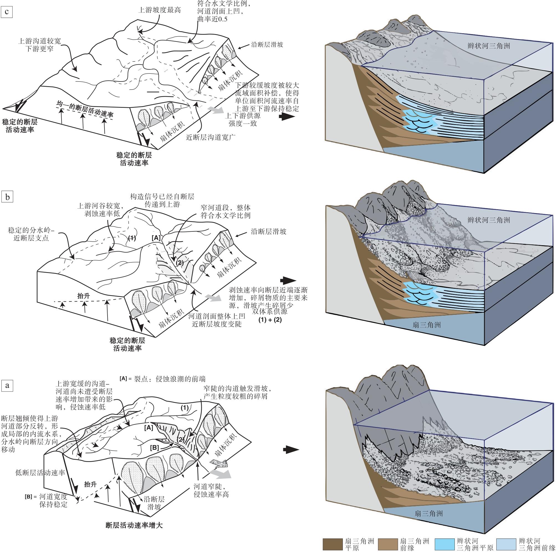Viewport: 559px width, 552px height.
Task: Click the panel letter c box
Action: click(x=7, y=12)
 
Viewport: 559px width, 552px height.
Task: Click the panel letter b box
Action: click(x=7, y=197)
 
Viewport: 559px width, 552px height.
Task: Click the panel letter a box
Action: click(x=7, y=385)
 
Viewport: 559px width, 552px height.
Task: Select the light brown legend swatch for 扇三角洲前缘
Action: click(x=388, y=544)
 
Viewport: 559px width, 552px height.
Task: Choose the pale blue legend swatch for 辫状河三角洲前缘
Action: click(x=506, y=544)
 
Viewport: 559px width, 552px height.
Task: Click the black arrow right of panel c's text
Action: click(x=287, y=117)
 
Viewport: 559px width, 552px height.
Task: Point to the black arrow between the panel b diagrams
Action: click(x=288, y=280)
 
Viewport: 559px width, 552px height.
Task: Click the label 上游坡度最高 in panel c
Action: click(x=160, y=10)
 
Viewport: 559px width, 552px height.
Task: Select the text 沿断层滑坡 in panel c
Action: click(x=267, y=45)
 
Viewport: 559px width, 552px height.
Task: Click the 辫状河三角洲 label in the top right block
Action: click(x=489, y=46)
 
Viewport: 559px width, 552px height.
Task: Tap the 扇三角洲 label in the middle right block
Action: click(x=427, y=325)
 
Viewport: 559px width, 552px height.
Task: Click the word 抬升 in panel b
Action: click(x=84, y=296)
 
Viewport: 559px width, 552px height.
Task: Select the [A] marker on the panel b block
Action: click(x=156, y=238)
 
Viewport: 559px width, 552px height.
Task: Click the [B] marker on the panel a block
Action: click(x=154, y=448)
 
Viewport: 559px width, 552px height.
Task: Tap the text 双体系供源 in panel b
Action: click(x=270, y=311)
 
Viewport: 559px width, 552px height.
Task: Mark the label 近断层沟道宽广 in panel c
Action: click(x=211, y=137)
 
